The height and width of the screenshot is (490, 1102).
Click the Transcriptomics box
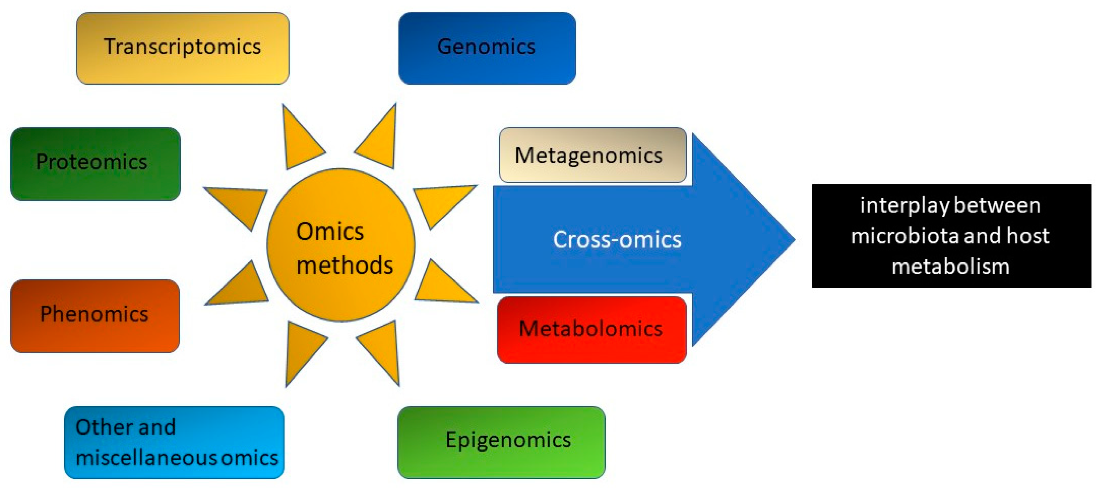coord(183,48)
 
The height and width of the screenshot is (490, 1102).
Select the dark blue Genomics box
coord(486,48)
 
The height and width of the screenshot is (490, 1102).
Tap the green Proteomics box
coord(95,163)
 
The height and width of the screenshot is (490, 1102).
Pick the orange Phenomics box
coord(95,316)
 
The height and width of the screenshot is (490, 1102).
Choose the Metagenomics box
coord(592,155)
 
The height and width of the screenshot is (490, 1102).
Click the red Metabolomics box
coord(591,329)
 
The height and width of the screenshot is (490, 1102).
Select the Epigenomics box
coord(501,442)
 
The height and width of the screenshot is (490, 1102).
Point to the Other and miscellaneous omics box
coord(174,442)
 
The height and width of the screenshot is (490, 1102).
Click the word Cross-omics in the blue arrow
coord(617,239)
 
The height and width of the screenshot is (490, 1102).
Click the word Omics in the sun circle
coord(330,232)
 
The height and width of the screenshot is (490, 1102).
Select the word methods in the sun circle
coord(344,265)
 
